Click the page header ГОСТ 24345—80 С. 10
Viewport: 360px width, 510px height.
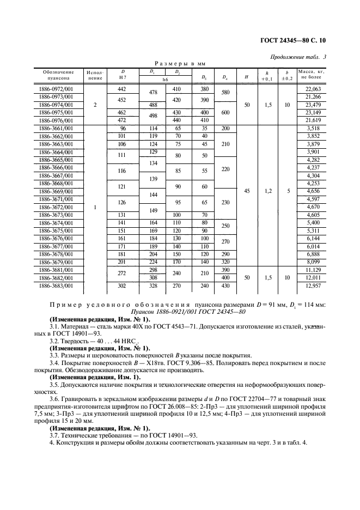(307, 39)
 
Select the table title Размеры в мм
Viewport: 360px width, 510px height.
(180, 64)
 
